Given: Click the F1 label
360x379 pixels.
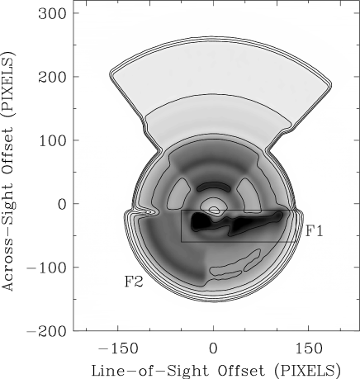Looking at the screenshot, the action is pyautogui.click(x=314, y=231).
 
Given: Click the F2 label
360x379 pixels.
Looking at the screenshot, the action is pyautogui.click(x=134, y=282).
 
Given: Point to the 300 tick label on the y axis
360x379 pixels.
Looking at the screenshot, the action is pyautogui.click(x=53, y=13).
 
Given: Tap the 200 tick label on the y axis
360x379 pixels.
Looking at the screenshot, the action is pyautogui.click(x=53, y=77).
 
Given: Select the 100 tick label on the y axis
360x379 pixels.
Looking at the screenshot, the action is pyautogui.click(x=53, y=140).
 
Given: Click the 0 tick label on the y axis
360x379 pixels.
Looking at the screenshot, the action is pyautogui.click(x=62, y=204).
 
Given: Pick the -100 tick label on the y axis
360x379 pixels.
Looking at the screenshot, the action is pyautogui.click(x=47, y=268).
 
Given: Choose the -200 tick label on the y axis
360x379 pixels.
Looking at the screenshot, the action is pyautogui.click(x=47, y=331).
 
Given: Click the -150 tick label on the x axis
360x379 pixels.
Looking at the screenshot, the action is pyautogui.click(x=118, y=349).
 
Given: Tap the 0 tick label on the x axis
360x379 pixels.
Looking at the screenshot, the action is pyautogui.click(x=213, y=349).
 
